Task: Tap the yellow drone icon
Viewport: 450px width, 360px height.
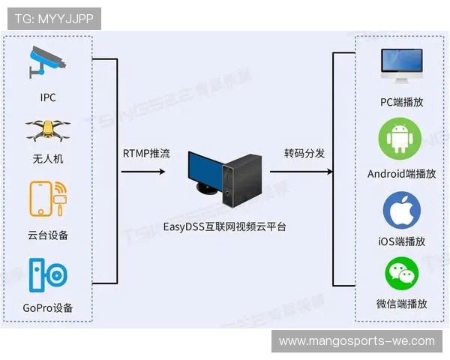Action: coord(48,132)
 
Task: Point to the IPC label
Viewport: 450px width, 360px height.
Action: coord(48,97)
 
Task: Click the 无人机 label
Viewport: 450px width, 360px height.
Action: coord(48,160)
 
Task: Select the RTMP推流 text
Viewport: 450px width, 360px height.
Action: coord(146,154)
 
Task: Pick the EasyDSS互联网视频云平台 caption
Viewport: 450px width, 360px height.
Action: coord(225,226)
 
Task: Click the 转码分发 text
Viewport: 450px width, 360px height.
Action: coord(304,154)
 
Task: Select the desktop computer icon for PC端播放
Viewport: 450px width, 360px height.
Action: coord(401,67)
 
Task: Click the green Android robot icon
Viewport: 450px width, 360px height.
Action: coord(401,139)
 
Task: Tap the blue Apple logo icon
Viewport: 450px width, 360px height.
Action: coord(401,210)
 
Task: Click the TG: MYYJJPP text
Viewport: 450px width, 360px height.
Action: coord(54,19)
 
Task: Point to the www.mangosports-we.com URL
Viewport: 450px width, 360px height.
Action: coord(357,341)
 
